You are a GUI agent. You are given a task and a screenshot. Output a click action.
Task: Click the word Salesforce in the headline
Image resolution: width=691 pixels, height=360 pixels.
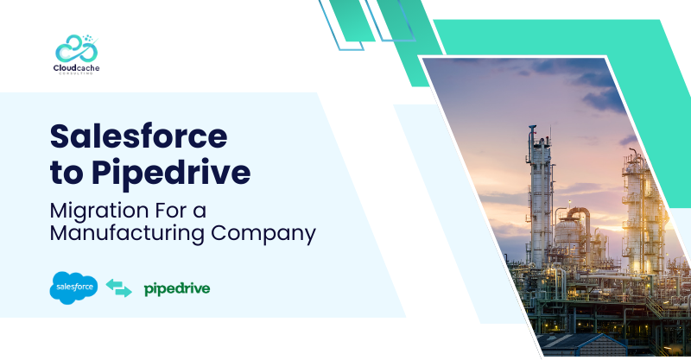tap(139, 136)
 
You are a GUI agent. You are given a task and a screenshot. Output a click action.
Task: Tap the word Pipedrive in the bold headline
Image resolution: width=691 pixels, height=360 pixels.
tap(171, 174)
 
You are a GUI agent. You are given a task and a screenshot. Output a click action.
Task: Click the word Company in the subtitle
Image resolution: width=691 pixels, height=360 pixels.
tap(263, 235)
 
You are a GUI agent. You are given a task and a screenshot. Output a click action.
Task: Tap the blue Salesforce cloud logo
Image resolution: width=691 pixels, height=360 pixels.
tap(73, 287)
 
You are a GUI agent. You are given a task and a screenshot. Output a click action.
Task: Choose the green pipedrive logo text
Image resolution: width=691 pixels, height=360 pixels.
tap(177, 289)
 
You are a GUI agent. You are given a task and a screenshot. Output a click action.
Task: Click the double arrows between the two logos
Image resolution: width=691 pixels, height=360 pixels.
tap(119, 287)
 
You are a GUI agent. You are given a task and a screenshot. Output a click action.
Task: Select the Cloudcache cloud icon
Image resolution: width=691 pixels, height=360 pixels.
tap(77, 48)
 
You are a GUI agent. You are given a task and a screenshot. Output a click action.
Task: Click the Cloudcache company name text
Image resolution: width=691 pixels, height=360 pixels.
tap(76, 68)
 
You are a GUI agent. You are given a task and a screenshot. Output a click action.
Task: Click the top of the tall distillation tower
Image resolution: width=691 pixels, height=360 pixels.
tap(533, 127)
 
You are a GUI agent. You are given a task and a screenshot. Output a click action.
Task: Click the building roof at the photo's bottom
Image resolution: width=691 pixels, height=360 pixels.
tap(577, 342)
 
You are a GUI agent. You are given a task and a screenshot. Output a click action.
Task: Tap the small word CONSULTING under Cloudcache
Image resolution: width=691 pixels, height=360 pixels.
tap(76, 73)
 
